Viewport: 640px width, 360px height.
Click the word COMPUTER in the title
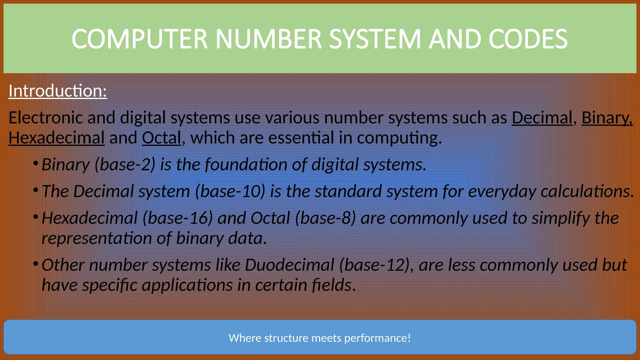[x=139, y=39]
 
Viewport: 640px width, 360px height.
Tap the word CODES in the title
[x=528, y=39]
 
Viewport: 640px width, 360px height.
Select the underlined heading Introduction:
[x=58, y=91]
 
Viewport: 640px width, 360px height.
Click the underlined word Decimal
[x=542, y=118]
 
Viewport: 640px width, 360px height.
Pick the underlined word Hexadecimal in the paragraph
[x=57, y=138]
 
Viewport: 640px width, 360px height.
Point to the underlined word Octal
[x=162, y=138]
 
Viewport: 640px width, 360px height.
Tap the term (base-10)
[x=230, y=191]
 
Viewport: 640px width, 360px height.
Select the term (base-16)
[x=178, y=218]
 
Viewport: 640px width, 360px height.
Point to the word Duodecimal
[x=290, y=265]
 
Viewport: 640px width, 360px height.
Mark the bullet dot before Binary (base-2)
[x=36, y=163]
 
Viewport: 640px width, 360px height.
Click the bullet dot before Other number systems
[x=36, y=263]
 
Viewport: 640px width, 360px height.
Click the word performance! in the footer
[x=377, y=338]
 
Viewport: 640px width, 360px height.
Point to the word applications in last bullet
[x=187, y=285]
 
